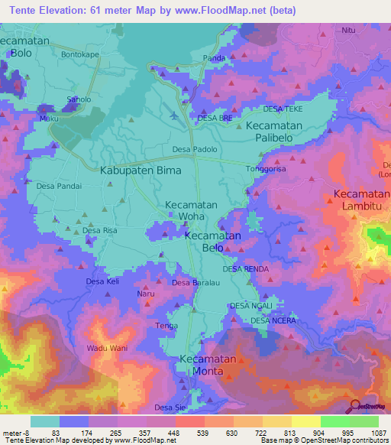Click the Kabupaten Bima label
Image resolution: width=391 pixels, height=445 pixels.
click(141, 171)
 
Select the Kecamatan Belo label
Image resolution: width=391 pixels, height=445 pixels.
click(213, 242)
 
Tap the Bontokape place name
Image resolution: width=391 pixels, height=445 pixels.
click(80, 56)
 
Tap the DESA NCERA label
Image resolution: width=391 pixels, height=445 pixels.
click(273, 320)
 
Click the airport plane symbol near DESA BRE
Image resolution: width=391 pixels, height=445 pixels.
click(177, 115)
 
